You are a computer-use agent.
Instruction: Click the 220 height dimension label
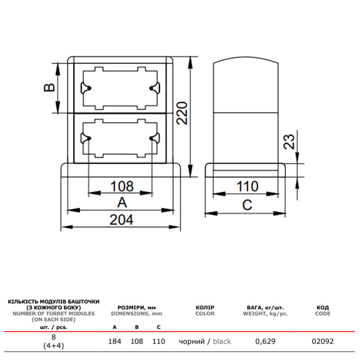[182, 113]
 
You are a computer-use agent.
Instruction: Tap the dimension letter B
[49, 87]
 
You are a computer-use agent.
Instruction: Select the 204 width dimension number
[121, 220]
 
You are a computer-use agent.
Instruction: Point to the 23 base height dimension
[289, 142]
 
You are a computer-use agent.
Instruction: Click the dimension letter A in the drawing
[122, 202]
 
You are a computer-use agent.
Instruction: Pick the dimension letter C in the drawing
[247, 205]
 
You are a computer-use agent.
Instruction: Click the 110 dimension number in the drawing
[247, 186]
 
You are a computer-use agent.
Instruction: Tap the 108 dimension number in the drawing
[122, 186]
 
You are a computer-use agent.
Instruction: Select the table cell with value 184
[115, 342]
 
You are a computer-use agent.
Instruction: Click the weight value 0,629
[265, 342]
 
